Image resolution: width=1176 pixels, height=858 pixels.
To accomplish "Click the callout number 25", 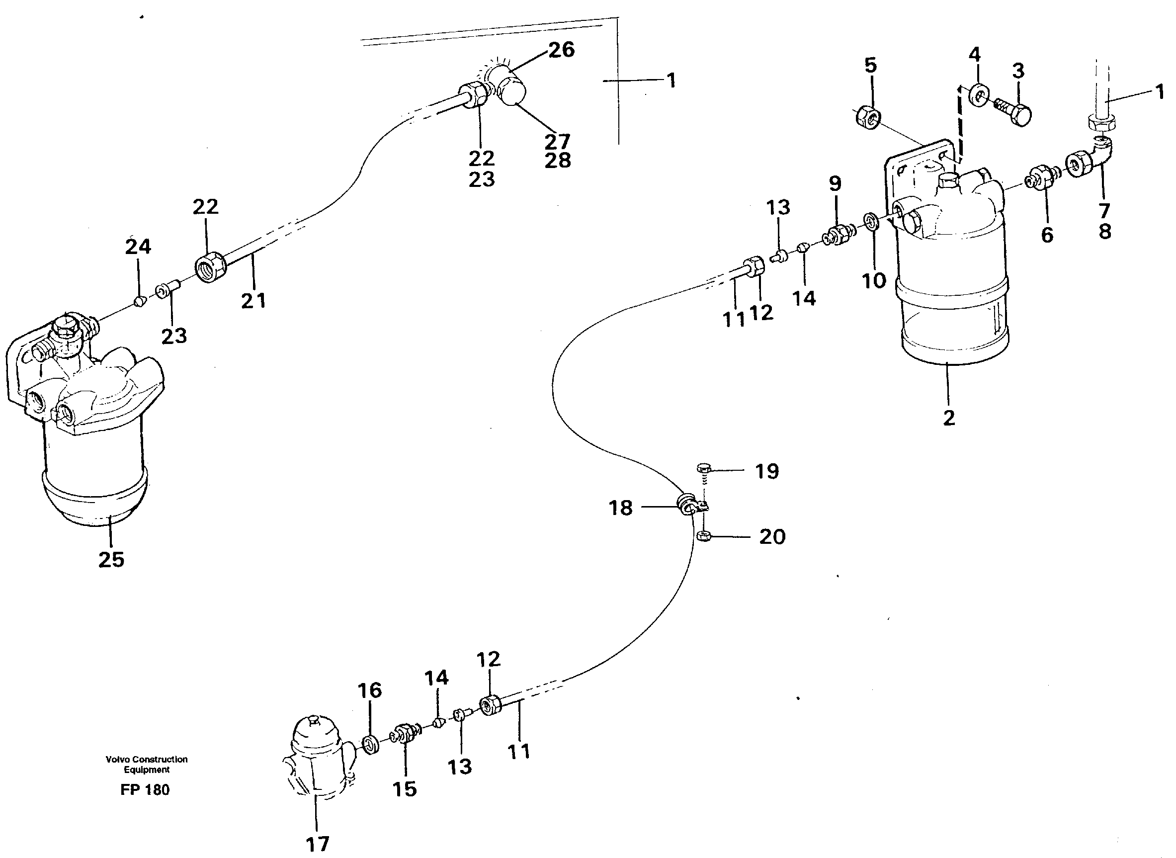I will click(x=111, y=560).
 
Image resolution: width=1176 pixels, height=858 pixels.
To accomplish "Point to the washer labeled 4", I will click(x=979, y=95).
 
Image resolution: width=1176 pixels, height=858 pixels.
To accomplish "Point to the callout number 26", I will click(x=561, y=50).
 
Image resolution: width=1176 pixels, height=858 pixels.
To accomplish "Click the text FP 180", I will click(x=145, y=789).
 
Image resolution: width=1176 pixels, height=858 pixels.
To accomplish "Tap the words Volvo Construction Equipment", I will click(x=147, y=764).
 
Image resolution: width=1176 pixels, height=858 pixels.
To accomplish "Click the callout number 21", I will click(x=253, y=301).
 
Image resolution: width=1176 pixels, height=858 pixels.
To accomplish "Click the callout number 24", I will click(x=138, y=247).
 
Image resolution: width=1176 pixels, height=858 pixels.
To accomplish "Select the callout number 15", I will click(x=405, y=789).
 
